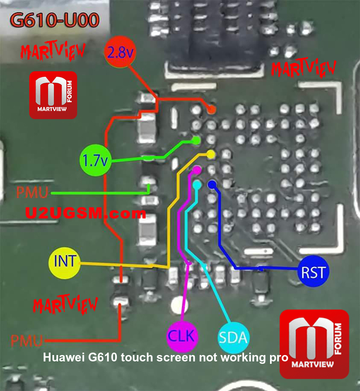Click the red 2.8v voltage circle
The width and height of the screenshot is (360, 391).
pos(120,52)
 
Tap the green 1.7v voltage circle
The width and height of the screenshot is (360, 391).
pos(95,160)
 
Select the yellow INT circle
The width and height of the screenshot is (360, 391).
pos(65,263)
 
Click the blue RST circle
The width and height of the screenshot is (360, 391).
pos(313,271)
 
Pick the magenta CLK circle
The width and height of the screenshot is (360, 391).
pos(182,336)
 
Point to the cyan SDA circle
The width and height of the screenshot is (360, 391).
pos(234,337)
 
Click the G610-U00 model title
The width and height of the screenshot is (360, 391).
pos(55,20)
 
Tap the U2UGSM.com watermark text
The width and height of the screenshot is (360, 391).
pos(85,213)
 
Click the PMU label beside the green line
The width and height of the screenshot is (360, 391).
pos(32,192)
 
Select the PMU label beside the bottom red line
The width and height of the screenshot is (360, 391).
pos(27,341)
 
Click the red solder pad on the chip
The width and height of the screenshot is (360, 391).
pos(212,109)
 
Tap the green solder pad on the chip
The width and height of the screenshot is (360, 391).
pos(196,140)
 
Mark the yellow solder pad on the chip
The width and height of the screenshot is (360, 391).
pos(211,155)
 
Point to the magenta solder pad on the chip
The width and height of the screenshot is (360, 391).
pos(197,170)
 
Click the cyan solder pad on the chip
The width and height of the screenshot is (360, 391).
pos(197,185)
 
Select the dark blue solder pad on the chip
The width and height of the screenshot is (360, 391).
pos(212,185)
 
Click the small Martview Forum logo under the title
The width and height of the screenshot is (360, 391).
pos(53,95)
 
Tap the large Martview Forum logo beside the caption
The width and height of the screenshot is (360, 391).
pos(314,344)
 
